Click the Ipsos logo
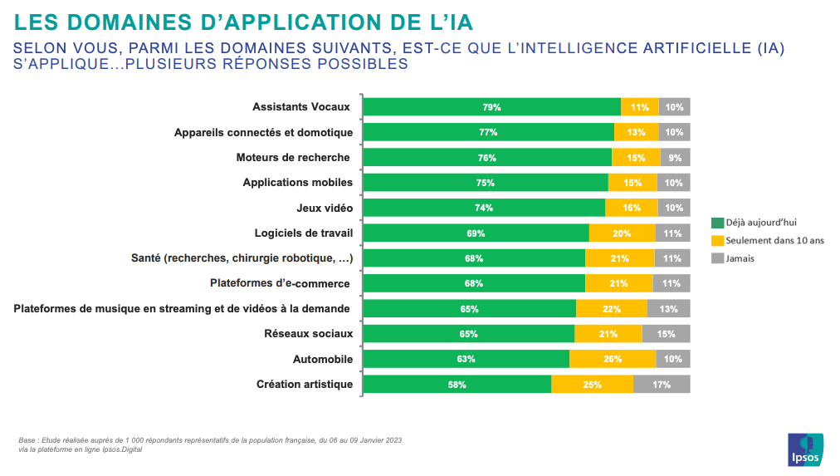click(805, 449)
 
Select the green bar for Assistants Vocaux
click(492, 107)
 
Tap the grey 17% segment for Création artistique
click(662, 385)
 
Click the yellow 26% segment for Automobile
click(613, 360)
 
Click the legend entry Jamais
click(740, 258)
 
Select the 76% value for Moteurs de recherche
click(487, 158)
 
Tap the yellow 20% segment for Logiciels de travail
click(622, 233)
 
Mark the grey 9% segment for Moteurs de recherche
click(675, 158)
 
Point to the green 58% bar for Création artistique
click(457, 385)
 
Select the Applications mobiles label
click(298, 183)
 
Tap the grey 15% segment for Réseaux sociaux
click(666, 334)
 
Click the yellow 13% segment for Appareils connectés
click(637, 132)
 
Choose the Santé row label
click(242, 258)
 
